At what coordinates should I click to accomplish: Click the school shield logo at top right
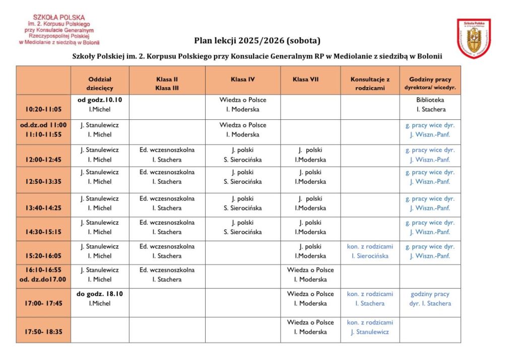[x=474, y=38]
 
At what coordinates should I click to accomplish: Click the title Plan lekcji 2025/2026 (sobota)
[x=257, y=40]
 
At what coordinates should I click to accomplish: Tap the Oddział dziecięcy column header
[x=100, y=83]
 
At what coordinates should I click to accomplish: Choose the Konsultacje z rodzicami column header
[x=370, y=83]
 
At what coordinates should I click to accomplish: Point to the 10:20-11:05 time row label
[x=43, y=109]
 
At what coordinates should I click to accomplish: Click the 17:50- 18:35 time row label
[x=43, y=332]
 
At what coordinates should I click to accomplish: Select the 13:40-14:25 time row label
[x=43, y=207]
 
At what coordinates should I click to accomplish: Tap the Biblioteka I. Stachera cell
[x=430, y=104]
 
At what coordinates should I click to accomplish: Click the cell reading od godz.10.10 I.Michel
[x=100, y=104]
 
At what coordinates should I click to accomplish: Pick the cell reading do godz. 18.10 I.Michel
[x=100, y=299]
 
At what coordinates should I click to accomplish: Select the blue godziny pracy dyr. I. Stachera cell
[x=430, y=299]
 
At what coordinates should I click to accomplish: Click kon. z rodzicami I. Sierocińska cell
[x=370, y=251]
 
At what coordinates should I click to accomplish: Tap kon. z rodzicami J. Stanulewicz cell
[x=370, y=327]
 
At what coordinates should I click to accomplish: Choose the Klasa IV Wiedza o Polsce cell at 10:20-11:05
[x=243, y=104]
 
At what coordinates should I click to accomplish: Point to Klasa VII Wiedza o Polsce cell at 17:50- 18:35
[x=310, y=327]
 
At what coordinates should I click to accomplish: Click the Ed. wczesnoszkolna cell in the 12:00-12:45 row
[x=167, y=155]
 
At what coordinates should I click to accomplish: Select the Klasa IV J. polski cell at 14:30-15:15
[x=243, y=227]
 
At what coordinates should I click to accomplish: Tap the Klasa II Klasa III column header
[x=167, y=83]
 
